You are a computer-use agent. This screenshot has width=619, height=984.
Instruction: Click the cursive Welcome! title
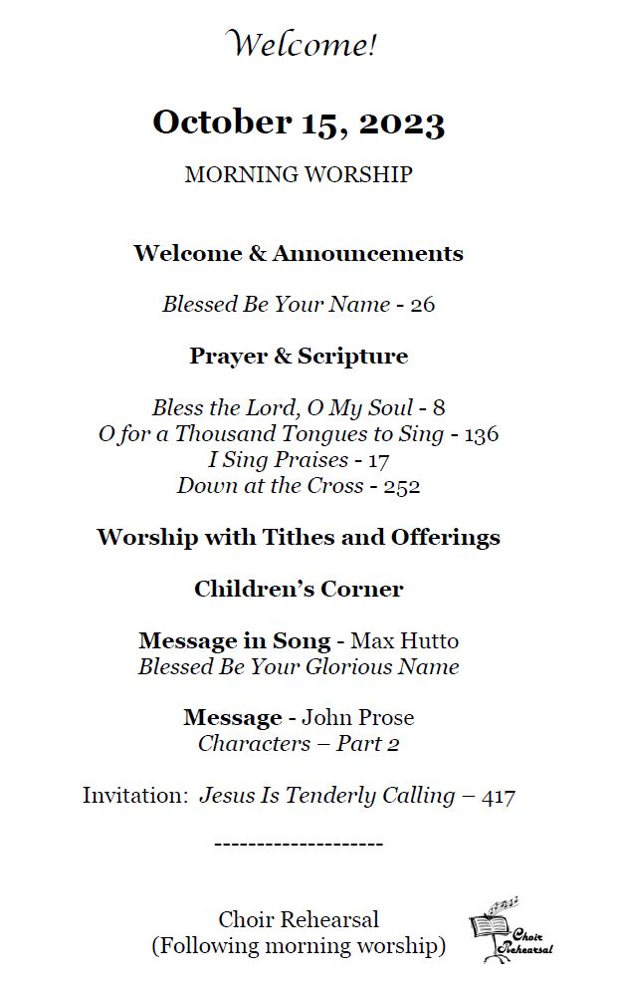pyautogui.click(x=303, y=45)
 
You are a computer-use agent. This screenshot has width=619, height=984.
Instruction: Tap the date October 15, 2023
pyautogui.click(x=299, y=123)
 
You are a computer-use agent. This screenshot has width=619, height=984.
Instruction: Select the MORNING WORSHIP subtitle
pyautogui.click(x=299, y=174)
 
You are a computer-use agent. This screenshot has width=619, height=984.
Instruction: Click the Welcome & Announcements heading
pyautogui.click(x=299, y=253)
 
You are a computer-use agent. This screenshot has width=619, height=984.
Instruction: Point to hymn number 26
pyautogui.click(x=422, y=305)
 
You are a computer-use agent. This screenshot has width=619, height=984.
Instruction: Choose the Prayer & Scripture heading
pyautogui.click(x=299, y=356)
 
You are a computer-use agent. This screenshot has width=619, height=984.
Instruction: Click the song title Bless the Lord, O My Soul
pyautogui.click(x=283, y=407)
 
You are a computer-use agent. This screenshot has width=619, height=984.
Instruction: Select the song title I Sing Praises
pyautogui.click(x=278, y=460)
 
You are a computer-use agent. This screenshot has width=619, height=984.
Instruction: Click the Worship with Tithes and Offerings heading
pyautogui.click(x=299, y=538)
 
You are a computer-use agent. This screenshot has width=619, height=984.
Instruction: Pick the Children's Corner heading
pyautogui.click(x=299, y=589)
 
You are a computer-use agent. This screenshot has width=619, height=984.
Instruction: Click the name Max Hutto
pyautogui.click(x=404, y=640)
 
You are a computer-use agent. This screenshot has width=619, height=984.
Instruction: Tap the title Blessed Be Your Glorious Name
pyautogui.click(x=299, y=666)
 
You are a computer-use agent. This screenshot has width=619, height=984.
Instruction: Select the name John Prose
pyautogui.click(x=358, y=718)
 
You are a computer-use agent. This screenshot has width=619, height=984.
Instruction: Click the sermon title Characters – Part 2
pyautogui.click(x=299, y=744)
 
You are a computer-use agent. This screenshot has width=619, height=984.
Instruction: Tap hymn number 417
pyautogui.click(x=498, y=796)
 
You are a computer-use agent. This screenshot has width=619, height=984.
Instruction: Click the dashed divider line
pyautogui.click(x=299, y=845)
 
